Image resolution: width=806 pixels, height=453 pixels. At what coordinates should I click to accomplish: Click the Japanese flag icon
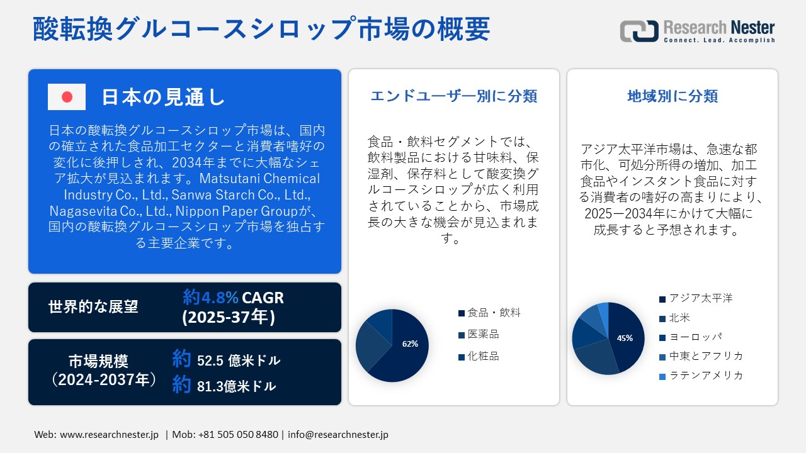(67, 97)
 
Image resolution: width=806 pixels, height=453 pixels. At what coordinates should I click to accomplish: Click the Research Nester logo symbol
(639, 31)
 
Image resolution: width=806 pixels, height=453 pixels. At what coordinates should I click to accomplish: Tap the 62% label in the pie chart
(410, 344)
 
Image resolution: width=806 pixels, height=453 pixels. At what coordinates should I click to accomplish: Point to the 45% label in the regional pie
(625, 338)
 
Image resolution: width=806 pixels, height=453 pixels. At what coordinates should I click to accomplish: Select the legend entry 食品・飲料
(489, 313)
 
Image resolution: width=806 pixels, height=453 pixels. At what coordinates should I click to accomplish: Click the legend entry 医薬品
(479, 334)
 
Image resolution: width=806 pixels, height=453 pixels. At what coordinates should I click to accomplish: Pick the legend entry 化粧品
(479, 356)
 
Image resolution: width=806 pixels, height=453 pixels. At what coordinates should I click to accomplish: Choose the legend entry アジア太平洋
(696, 298)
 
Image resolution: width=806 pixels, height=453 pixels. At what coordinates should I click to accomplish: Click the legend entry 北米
(674, 318)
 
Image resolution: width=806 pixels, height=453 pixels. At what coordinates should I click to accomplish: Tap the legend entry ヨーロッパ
(691, 337)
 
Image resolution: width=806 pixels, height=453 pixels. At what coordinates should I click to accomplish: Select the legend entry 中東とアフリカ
(701, 356)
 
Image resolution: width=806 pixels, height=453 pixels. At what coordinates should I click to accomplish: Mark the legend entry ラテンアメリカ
(701, 376)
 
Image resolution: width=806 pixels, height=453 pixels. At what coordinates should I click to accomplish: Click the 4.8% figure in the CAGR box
(220, 298)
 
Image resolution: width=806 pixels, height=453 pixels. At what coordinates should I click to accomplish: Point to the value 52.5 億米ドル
(239, 361)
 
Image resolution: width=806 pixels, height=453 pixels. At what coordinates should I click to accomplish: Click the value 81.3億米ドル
(236, 386)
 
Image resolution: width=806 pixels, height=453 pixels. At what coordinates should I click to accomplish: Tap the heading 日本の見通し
(164, 97)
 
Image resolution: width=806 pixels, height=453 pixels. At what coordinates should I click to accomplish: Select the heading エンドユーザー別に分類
(454, 96)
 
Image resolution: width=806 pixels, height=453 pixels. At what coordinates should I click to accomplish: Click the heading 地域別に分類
(673, 96)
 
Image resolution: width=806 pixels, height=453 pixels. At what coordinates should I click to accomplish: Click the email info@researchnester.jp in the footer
(338, 435)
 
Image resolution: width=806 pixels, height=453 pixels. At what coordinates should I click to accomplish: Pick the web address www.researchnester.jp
(109, 435)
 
